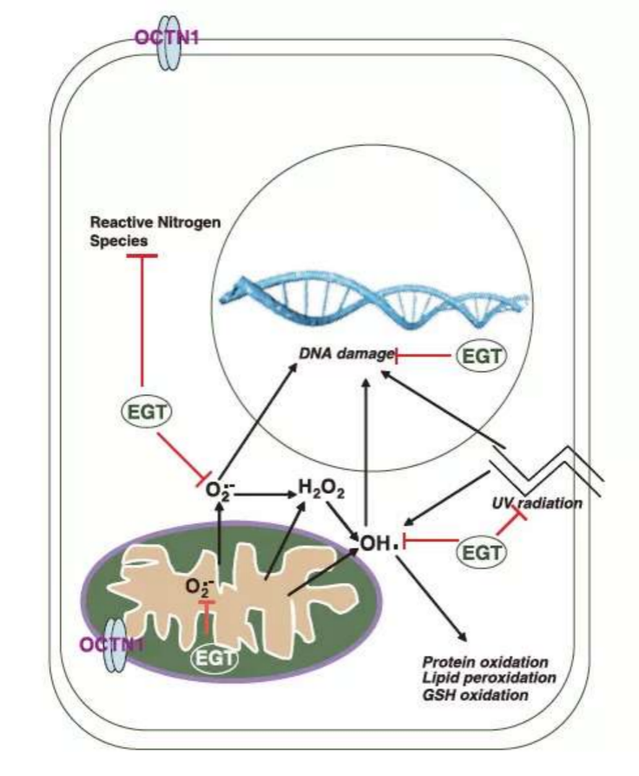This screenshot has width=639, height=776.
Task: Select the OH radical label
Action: coord(379,544)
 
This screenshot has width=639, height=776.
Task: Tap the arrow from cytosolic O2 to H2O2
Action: coord(264,495)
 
